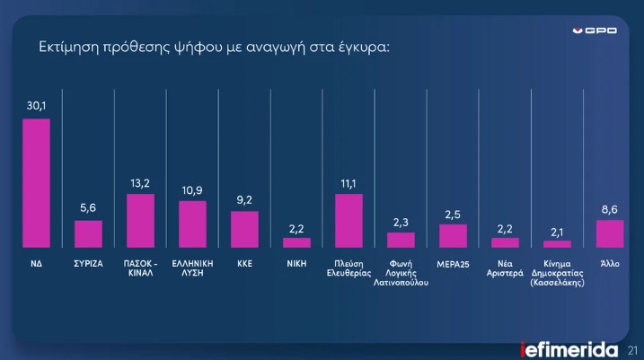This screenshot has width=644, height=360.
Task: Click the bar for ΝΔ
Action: tap(36, 183)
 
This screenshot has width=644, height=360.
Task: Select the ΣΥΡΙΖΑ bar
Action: tap(88, 234)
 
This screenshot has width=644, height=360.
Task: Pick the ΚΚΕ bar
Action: tap(244, 230)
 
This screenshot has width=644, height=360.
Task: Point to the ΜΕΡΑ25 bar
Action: tap(453, 236)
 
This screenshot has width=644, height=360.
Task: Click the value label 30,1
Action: tap(36, 106)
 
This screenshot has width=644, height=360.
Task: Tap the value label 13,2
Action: tap(140, 182)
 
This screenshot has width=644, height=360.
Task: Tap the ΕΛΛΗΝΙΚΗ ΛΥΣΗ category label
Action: tap(192, 268)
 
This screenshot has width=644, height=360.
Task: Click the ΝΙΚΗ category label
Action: tap(296, 264)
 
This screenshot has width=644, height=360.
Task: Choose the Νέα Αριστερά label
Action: tap(505, 268)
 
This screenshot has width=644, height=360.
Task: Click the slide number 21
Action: tap(631, 348)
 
